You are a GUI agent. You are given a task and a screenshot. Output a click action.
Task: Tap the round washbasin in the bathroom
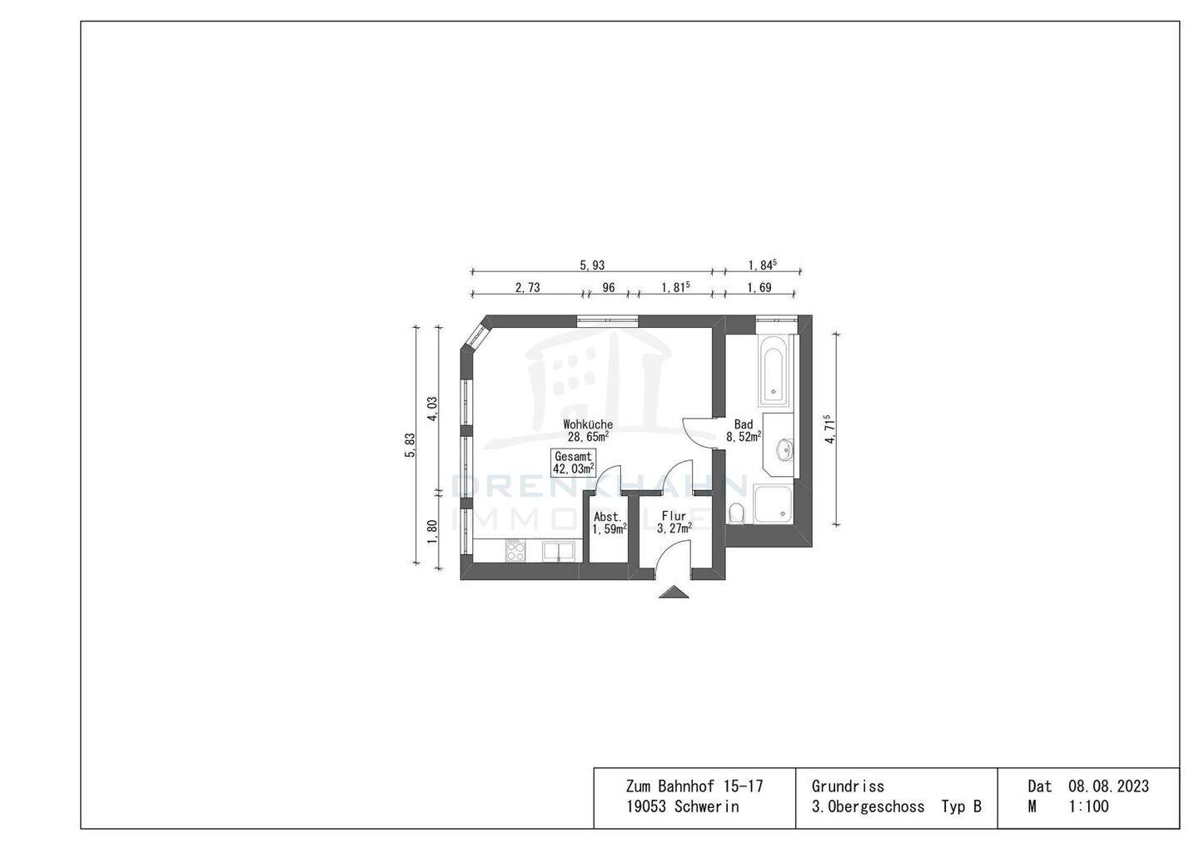click(785, 449)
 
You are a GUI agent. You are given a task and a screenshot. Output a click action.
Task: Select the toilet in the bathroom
click(736, 513)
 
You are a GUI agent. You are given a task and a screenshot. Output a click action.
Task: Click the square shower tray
click(773, 504)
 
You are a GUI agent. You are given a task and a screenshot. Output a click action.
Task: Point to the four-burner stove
click(515, 550)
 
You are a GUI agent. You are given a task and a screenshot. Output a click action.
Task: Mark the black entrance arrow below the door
click(674, 592)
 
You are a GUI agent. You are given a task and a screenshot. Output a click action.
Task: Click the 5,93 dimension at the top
click(592, 265)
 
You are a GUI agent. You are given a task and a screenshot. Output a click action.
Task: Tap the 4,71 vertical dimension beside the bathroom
click(829, 429)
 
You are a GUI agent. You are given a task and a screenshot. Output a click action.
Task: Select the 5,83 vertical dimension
click(410, 445)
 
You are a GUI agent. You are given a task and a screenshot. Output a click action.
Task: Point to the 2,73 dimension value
click(527, 288)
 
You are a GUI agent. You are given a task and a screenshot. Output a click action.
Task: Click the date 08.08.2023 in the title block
click(1108, 786)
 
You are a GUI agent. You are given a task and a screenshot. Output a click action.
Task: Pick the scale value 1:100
click(1089, 806)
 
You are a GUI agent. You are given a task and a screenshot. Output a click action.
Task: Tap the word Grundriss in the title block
click(848, 786)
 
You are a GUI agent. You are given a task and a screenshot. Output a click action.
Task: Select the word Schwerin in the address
click(707, 806)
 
